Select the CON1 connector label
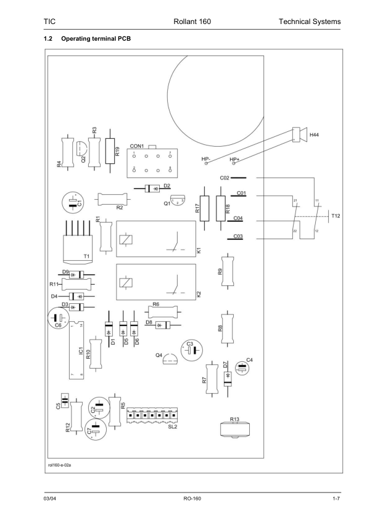[x=137, y=146]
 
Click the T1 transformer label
[x=87, y=255]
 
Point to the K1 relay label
[x=199, y=251]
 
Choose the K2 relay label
[x=199, y=294]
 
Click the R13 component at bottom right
[x=235, y=430]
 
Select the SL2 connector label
[x=172, y=426]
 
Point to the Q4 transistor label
[x=159, y=356]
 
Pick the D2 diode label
[x=167, y=186]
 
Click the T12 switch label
[x=336, y=216]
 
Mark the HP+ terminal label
[x=234, y=160]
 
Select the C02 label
[x=225, y=178]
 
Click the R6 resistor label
[x=155, y=304]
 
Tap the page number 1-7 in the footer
[x=336, y=497]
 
